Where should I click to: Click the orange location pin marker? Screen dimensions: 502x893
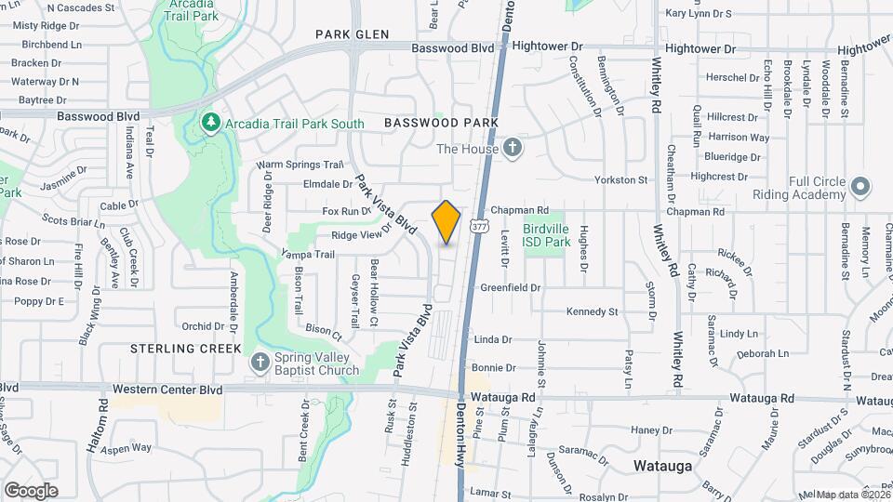(446, 222)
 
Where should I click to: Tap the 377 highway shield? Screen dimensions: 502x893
(478, 225)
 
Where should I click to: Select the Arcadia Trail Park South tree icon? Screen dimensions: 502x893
(211, 123)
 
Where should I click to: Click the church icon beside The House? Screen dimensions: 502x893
(512, 148)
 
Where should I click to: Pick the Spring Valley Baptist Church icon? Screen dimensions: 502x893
(260, 362)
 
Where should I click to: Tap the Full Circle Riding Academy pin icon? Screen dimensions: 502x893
(860, 187)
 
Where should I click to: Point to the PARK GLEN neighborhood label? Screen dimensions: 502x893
(351, 34)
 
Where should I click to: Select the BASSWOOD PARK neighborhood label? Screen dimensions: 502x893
(441, 123)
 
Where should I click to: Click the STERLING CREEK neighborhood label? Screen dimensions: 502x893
(186, 349)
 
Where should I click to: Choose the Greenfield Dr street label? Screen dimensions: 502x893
(510, 288)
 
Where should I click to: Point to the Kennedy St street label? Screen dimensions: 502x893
(593, 311)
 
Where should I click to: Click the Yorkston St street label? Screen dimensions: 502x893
(621, 179)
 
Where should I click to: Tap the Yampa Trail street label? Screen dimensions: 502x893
(308, 254)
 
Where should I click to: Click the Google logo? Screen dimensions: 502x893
(31, 490)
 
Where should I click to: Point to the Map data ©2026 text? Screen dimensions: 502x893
(852, 495)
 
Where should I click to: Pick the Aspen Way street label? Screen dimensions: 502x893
(127, 447)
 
